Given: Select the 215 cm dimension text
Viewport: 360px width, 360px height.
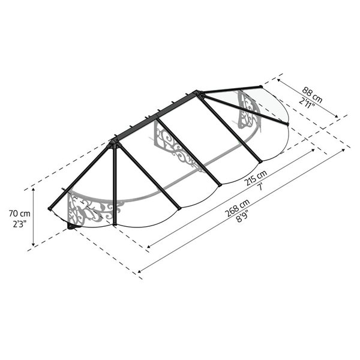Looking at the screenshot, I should tap(254, 178).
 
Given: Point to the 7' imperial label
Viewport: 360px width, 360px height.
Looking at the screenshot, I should tap(260, 187).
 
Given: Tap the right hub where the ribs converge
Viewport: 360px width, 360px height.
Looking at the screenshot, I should tap(197, 92).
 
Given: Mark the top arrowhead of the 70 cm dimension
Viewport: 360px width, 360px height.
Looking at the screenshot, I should tap(34, 188).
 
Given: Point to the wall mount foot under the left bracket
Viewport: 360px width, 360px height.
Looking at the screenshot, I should tap(72, 227).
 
